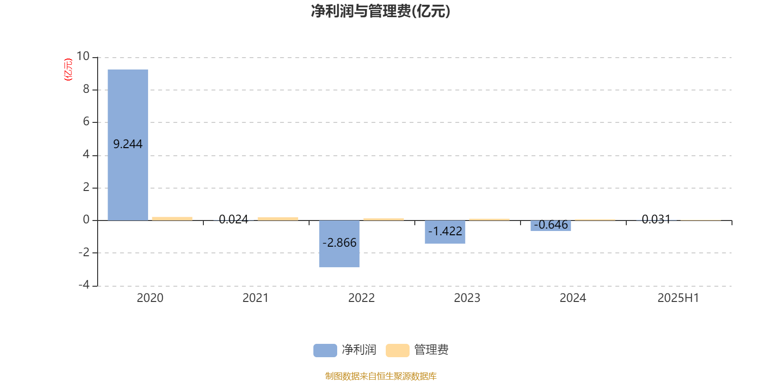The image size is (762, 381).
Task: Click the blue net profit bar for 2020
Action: [128, 145]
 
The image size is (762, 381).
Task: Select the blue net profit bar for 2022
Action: [339, 243]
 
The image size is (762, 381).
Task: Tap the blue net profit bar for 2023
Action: [445, 232]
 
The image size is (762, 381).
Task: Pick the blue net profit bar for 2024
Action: [551, 226]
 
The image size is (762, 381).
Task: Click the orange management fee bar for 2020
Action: [172, 219]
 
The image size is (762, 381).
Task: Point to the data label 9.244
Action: [128, 144]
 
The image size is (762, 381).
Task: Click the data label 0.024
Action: [233, 220]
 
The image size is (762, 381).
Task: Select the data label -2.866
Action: [339, 242]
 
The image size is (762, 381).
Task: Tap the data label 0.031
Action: [656, 220]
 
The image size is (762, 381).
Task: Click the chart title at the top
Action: [381, 11]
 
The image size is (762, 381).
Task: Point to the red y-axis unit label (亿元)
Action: [69, 70]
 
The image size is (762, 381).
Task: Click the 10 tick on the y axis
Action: [83, 56]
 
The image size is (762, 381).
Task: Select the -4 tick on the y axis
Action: [84, 285]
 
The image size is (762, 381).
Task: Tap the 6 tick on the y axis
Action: [86, 121]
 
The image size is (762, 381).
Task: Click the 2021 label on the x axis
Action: [255, 298]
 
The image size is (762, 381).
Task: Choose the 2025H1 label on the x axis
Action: [678, 298]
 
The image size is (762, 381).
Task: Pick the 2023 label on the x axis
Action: [467, 298]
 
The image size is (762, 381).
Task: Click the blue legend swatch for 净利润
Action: [325, 351]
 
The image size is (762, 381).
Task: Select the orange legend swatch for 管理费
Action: [397, 351]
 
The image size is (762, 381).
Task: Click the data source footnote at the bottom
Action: [381, 376]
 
